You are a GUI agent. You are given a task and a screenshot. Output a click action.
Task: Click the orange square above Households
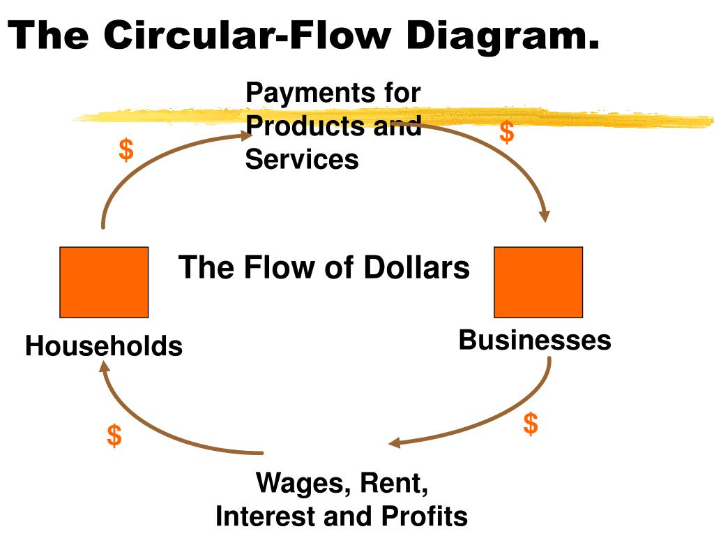pyautogui.click(x=104, y=282)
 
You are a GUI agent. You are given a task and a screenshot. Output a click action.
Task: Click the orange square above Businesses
pyautogui.click(x=538, y=282)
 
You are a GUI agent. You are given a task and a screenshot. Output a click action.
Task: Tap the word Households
pyautogui.click(x=104, y=346)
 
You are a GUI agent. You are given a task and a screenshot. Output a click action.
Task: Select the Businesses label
pyautogui.click(x=535, y=341)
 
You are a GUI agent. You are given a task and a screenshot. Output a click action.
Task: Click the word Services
pyautogui.click(x=302, y=160)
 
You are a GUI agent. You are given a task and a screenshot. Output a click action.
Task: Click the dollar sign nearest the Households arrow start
pyautogui.click(x=126, y=149)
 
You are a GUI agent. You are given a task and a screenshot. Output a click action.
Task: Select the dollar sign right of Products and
pyautogui.click(x=507, y=132)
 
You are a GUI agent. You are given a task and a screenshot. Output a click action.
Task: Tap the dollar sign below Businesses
pyautogui.click(x=531, y=423)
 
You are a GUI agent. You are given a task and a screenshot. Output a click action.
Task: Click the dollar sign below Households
pyautogui.click(x=114, y=435)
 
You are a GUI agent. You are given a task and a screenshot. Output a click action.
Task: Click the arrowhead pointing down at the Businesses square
pyautogui.click(x=544, y=215)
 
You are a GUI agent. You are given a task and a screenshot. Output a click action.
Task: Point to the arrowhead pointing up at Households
pyautogui.click(x=105, y=368)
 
